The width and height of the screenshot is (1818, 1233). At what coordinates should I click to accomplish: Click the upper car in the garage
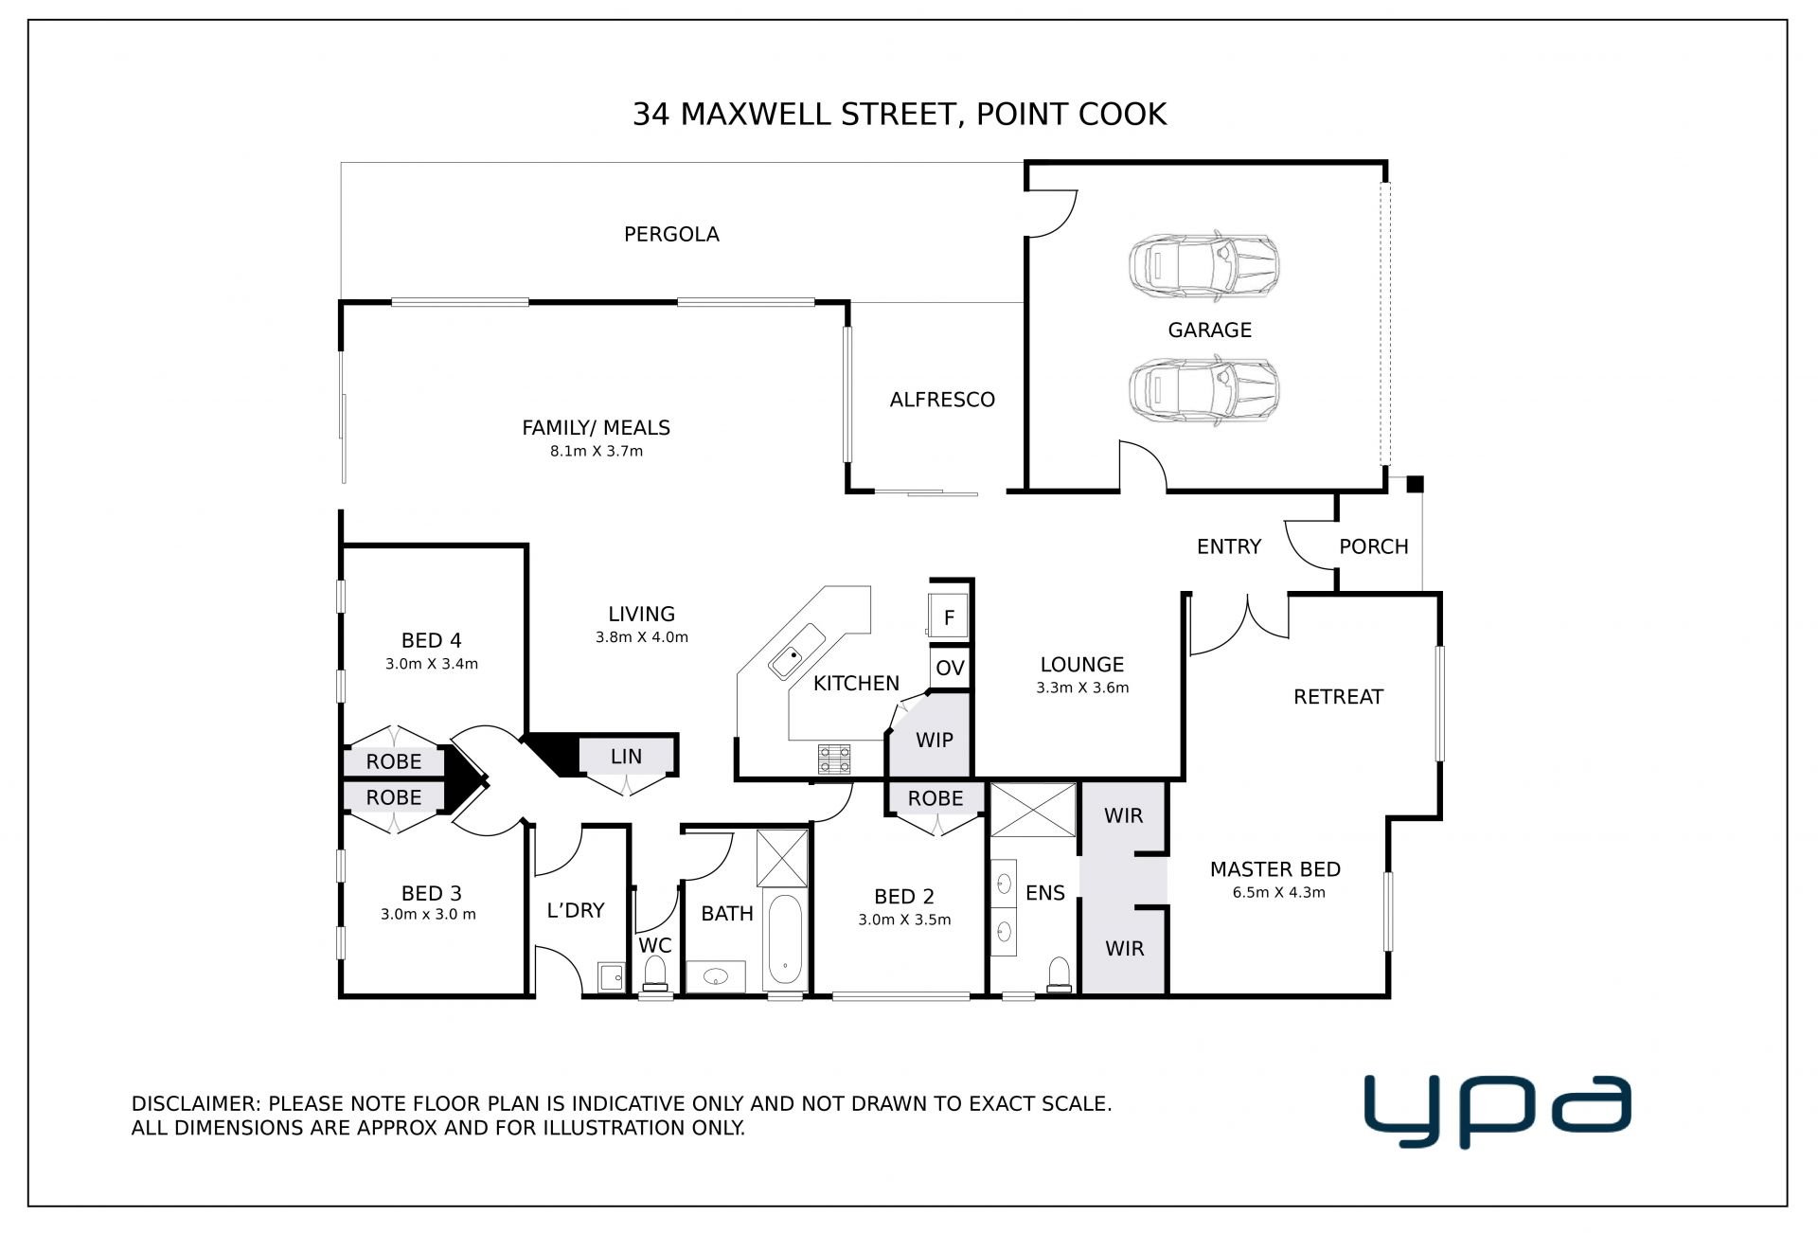tap(1203, 265)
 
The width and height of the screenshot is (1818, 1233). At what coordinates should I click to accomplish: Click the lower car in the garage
tap(1203, 390)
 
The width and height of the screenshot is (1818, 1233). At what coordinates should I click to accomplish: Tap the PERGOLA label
tap(671, 234)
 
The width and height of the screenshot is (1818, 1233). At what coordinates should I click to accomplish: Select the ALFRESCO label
tap(942, 400)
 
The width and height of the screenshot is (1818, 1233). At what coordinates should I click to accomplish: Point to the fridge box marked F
tap(948, 616)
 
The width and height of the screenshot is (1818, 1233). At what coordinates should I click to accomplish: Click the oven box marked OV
tap(950, 668)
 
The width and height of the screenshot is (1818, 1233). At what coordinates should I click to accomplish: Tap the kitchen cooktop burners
tap(834, 759)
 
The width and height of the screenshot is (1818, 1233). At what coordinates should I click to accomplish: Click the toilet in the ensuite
tap(1059, 974)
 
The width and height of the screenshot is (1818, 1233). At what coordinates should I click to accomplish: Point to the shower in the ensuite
tap(1032, 810)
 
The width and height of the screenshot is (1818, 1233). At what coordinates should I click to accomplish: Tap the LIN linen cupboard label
tap(626, 757)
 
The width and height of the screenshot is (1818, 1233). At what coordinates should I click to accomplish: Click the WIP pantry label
tap(935, 740)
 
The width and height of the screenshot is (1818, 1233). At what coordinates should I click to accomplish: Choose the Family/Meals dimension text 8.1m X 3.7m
tap(597, 452)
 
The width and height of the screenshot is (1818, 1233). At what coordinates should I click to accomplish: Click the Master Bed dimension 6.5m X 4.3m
tap(1278, 892)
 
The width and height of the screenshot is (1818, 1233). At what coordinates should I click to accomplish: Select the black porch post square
tap(1415, 485)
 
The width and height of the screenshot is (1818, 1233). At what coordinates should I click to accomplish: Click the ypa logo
tap(1497, 1112)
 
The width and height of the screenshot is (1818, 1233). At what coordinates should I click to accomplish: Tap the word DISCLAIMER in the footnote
tap(194, 1104)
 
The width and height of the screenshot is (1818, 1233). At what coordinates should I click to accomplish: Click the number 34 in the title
tap(651, 115)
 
